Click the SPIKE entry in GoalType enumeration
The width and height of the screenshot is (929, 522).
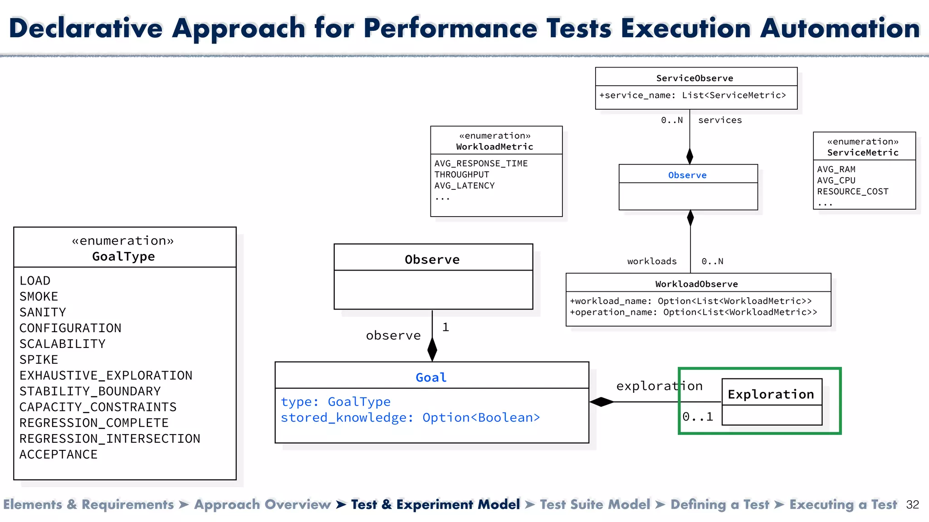(39, 360)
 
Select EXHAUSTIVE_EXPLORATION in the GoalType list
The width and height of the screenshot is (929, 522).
(106, 376)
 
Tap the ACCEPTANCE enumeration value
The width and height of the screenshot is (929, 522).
(59, 454)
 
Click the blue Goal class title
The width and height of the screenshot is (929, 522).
(431, 377)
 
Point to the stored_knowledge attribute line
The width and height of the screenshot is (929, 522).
(410, 418)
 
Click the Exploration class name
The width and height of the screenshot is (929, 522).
(771, 394)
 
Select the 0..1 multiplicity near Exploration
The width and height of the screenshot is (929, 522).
(698, 417)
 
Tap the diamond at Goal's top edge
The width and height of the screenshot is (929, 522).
(432, 349)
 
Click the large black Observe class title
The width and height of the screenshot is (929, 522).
(432, 260)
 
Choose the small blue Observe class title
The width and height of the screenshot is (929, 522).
(687, 175)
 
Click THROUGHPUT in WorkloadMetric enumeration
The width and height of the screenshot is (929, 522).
(461, 174)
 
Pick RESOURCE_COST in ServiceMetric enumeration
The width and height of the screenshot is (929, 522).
(852, 192)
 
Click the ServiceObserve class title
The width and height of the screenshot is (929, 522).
(694, 78)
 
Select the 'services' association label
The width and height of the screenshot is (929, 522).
(720, 120)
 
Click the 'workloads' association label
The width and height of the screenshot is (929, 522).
(652, 261)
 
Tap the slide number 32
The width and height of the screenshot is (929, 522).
(912, 505)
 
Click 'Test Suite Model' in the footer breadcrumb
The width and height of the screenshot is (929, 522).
(595, 505)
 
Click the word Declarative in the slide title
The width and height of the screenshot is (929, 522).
(86, 28)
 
